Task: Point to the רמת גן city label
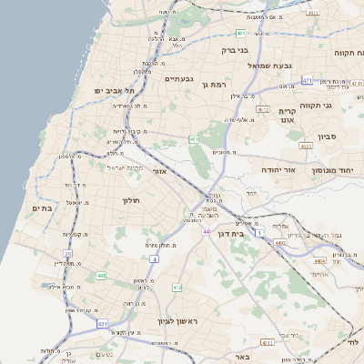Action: [214, 85]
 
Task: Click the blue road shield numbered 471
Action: [308, 80]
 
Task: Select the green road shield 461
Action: [194, 139]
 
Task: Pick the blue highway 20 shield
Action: [67, 254]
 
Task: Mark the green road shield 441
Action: [100, 275]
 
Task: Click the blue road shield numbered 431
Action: [103, 324]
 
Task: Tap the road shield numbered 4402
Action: [279, 243]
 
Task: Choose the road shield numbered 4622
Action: [306, 145]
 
